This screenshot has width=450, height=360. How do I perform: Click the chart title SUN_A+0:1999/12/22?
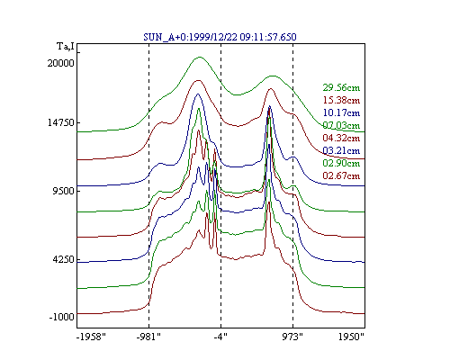191,37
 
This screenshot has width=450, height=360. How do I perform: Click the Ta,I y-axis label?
66,47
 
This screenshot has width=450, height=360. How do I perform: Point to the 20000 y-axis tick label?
61,63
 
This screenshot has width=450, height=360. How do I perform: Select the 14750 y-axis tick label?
61,122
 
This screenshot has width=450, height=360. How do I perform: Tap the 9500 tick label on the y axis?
63,191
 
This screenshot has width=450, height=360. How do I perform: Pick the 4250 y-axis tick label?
63,259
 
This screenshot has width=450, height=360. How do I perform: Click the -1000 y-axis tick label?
62,317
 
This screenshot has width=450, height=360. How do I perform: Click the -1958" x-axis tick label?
91,337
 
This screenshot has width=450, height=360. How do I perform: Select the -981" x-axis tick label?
148,337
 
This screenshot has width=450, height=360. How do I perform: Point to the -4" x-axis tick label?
220,337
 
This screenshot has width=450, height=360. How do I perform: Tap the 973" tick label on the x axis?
292,337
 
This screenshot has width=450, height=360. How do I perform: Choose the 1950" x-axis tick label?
351,337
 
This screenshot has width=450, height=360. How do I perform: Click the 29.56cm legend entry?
341,87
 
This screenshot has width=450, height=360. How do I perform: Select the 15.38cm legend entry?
341,100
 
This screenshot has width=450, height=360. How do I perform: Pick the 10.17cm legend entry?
341,112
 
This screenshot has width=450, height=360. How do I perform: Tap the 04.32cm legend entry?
341,138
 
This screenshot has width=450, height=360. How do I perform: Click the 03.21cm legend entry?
341,150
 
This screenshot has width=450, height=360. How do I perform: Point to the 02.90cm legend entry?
341,163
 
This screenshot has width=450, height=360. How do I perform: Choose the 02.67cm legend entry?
341,175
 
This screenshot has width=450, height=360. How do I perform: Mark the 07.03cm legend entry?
341,125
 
